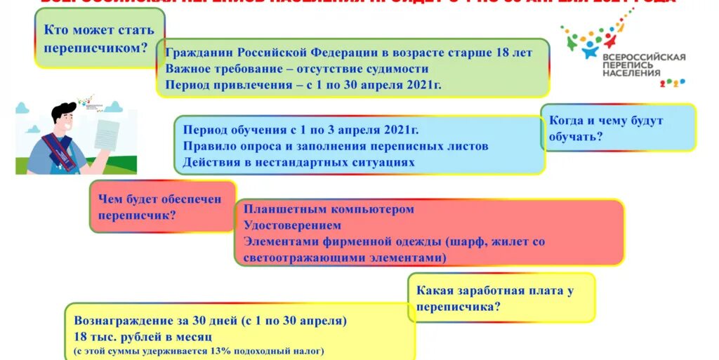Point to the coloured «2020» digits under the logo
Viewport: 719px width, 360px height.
[672, 82]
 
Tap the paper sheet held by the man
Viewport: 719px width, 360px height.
[107, 138]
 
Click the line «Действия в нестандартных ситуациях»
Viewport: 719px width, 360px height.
[298, 162]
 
